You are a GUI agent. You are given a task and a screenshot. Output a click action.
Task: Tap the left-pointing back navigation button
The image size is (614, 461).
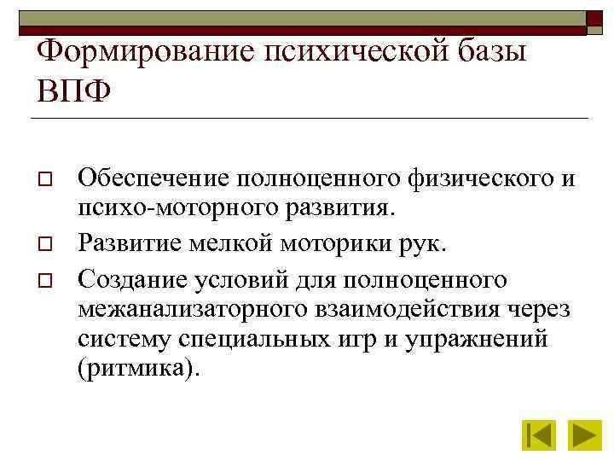pyautogui.click(x=539, y=435)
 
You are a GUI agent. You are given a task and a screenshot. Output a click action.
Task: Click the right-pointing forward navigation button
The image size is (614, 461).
pyautogui.click(x=587, y=435)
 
